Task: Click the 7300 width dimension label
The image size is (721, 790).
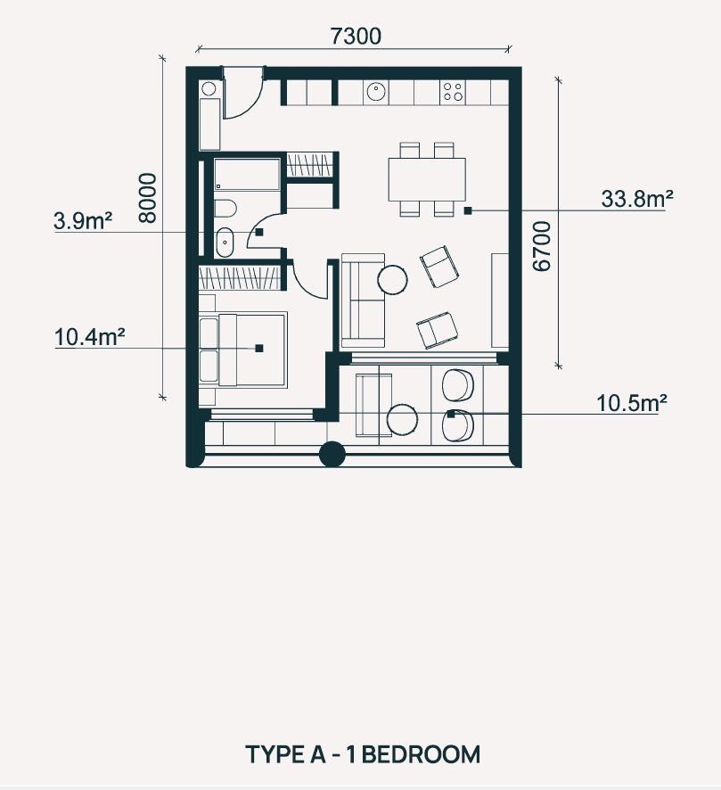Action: tap(356, 37)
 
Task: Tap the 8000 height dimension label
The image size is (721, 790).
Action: tap(148, 198)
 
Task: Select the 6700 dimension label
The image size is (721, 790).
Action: tap(542, 246)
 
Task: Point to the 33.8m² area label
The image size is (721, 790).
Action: tap(637, 199)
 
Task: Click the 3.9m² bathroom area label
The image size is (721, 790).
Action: tap(83, 220)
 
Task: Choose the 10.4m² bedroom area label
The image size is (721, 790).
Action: tap(89, 337)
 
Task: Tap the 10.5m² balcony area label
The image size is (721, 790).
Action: tap(631, 403)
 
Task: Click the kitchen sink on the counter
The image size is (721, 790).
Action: tap(375, 92)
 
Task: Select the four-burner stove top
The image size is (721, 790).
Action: tap(452, 92)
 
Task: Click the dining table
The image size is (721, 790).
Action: tap(427, 179)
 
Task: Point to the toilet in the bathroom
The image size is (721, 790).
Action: tap(225, 208)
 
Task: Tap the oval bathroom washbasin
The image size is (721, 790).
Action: tap(225, 243)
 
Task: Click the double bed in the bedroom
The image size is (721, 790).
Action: tap(243, 350)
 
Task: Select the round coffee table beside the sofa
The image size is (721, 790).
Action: tap(393, 278)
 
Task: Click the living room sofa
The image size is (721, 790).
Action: tap(363, 301)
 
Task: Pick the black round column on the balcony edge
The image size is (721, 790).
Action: tap(332, 454)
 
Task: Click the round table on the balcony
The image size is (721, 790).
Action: tap(402, 419)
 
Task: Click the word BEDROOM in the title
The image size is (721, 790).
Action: tap(421, 754)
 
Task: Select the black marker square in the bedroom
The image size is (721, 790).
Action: tap(259, 348)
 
